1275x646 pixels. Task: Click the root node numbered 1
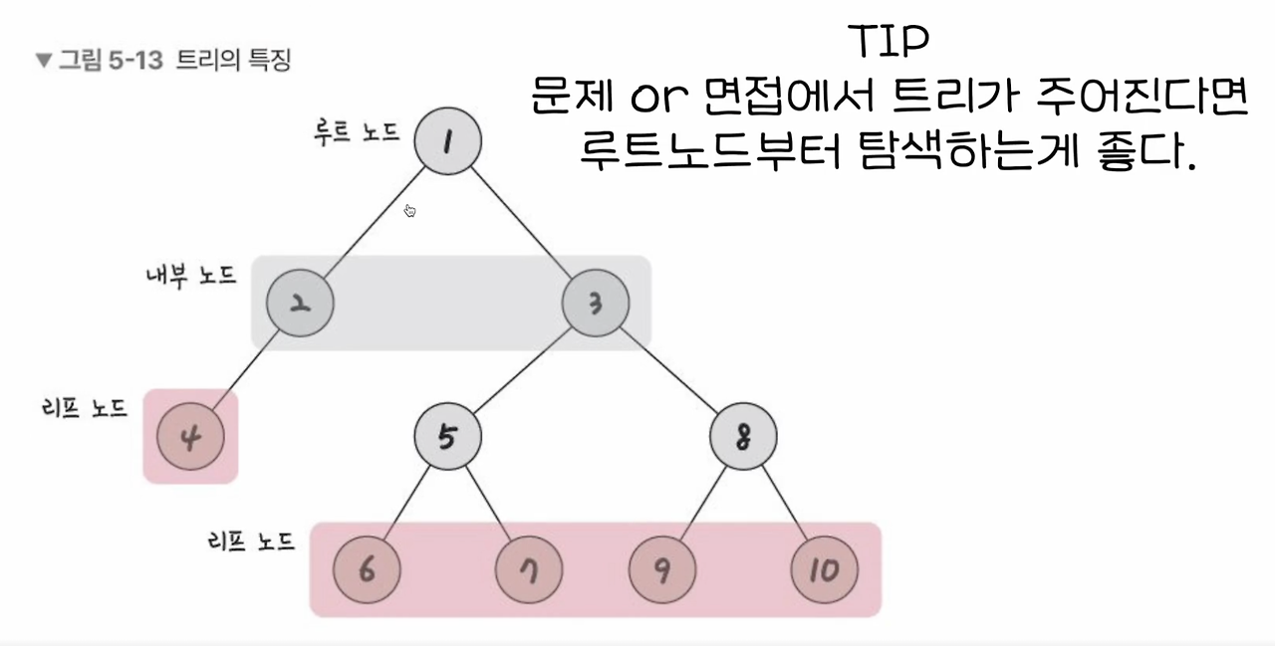[447, 141]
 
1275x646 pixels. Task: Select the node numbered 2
[300, 303]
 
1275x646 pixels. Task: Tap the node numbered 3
[596, 303]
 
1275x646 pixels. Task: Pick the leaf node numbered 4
[189, 436]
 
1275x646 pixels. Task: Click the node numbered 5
[447, 436]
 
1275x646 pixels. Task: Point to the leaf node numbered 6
[367, 570]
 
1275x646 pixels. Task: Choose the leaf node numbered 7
[529, 570]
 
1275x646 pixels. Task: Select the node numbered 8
[743, 436]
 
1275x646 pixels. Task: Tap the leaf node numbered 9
[661, 570]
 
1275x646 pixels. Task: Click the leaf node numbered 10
[824, 570]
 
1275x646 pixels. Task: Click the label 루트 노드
[356, 132]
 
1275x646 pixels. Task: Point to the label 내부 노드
[190, 275]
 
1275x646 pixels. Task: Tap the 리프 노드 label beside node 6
[250, 542]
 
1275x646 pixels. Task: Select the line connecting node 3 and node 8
[669, 369]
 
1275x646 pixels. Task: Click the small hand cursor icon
[409, 210]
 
